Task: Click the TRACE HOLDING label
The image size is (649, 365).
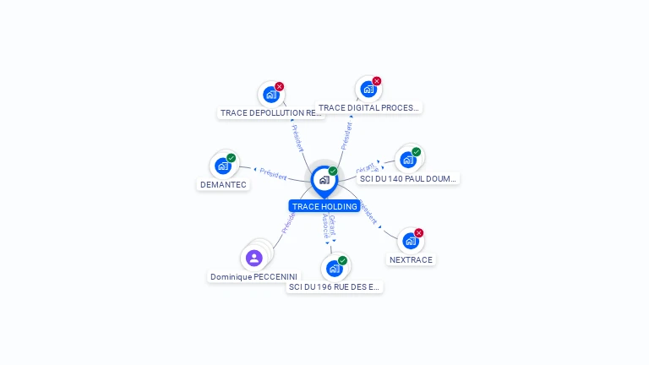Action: click(x=324, y=206)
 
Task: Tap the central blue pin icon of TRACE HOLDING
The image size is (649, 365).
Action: click(x=324, y=180)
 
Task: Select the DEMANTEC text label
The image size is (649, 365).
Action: click(x=223, y=184)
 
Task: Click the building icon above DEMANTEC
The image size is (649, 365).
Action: click(x=223, y=166)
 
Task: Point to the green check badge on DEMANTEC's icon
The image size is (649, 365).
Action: click(x=232, y=158)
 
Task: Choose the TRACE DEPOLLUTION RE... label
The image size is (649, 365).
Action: click(x=270, y=112)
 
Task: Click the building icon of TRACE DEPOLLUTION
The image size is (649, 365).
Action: click(x=270, y=95)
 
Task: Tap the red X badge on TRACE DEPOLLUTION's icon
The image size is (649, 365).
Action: click(x=280, y=86)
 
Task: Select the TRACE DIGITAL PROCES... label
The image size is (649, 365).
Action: click(x=368, y=107)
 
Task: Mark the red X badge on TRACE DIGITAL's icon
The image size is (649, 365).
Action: click(x=377, y=81)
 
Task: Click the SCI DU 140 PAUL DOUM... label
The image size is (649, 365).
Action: click(x=407, y=178)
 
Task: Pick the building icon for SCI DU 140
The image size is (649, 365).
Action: click(x=408, y=160)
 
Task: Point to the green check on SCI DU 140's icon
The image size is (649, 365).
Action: click(x=417, y=152)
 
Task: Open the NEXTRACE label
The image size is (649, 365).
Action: click(x=411, y=259)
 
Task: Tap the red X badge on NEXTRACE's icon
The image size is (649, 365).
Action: click(x=419, y=233)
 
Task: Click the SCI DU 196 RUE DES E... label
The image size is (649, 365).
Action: click(x=335, y=286)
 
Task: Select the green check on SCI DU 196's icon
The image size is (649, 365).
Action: click(x=343, y=260)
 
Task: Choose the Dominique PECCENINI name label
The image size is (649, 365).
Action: click(x=254, y=276)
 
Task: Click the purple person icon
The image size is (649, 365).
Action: click(x=254, y=258)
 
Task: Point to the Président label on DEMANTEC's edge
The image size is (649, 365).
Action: click(x=273, y=173)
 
